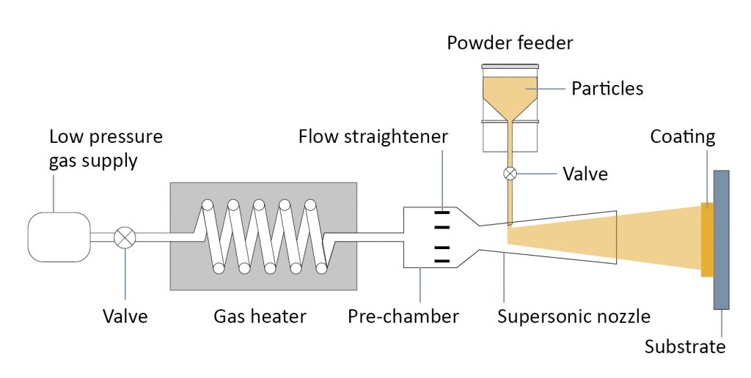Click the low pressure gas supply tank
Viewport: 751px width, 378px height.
coord(59,237)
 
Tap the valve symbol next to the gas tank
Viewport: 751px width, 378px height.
coord(125,237)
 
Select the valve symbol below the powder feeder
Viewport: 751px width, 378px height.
coord(510,173)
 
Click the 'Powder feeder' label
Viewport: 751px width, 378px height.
coord(510,43)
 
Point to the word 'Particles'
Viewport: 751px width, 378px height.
coord(607,89)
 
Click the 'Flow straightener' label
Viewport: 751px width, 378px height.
coord(373,136)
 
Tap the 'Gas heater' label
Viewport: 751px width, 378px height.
coord(260,316)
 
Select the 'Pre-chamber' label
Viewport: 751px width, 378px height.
coord(403,316)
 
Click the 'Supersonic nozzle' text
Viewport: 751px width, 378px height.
coord(574,316)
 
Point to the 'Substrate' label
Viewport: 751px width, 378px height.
coord(685,346)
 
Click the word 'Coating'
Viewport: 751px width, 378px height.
coord(683,137)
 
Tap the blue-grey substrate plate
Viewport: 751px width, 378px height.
coord(722,240)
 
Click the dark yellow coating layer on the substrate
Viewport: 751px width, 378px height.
coord(708,240)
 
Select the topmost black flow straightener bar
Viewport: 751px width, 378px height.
coord(442,212)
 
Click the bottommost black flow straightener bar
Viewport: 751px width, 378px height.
coord(442,261)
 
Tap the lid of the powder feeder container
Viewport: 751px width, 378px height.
coord(510,66)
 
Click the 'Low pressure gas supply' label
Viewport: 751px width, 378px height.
coord(106,148)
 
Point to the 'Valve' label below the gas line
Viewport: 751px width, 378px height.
coord(125,316)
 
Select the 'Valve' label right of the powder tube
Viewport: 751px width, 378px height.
coord(585,173)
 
